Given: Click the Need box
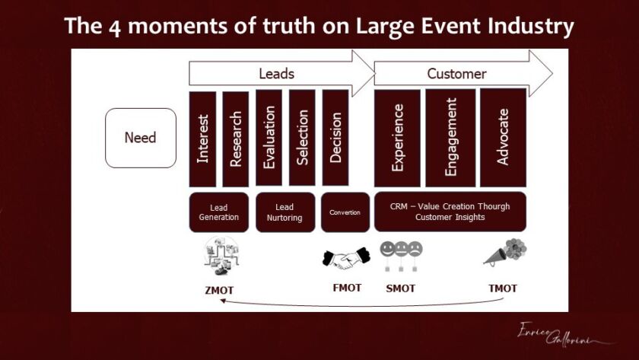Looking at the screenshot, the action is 141,138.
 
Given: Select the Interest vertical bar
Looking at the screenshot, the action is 202,139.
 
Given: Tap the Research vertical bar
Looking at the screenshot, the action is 236,139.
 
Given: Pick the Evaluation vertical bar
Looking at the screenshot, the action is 269,138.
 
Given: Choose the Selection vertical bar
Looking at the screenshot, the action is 302,138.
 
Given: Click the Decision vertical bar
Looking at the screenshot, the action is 335,138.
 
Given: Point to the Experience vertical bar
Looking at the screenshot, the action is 397,139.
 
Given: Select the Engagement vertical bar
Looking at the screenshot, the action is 450,139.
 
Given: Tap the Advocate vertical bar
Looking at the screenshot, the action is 504,138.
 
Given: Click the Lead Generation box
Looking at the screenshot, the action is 219,212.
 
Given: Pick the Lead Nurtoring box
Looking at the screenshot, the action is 285,212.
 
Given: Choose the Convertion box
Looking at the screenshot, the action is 345,212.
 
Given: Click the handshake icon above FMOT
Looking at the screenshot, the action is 346,259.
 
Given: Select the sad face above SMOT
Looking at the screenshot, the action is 415,249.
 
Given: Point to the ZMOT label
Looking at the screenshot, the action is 219,290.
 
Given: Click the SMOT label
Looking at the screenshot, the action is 401,288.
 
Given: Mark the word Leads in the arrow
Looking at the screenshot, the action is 276,74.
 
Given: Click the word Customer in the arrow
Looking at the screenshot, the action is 456,74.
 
